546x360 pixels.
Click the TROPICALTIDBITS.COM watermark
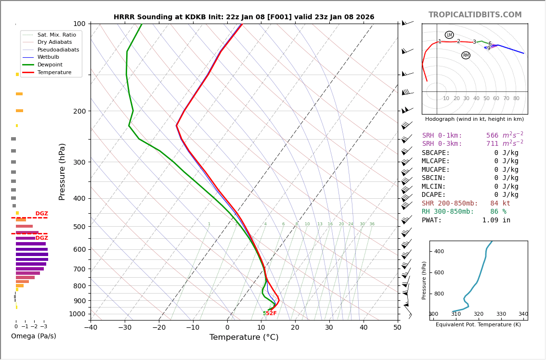[x=475, y=15]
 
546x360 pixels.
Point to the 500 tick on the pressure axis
[x=79, y=227]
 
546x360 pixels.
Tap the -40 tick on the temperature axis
[x=91, y=328]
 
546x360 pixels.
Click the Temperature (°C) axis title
[x=244, y=337]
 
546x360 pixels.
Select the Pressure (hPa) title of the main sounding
[x=62, y=171]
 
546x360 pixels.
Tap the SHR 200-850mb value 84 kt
[x=500, y=204]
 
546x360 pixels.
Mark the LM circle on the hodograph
[x=449, y=35]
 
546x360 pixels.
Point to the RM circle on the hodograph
[x=466, y=55]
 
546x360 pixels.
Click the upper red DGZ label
[x=41, y=214]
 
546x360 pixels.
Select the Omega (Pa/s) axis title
[x=33, y=336]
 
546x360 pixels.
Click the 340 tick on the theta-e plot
[x=523, y=314]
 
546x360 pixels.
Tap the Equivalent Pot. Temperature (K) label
[x=478, y=325]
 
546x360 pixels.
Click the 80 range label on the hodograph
[x=516, y=99]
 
